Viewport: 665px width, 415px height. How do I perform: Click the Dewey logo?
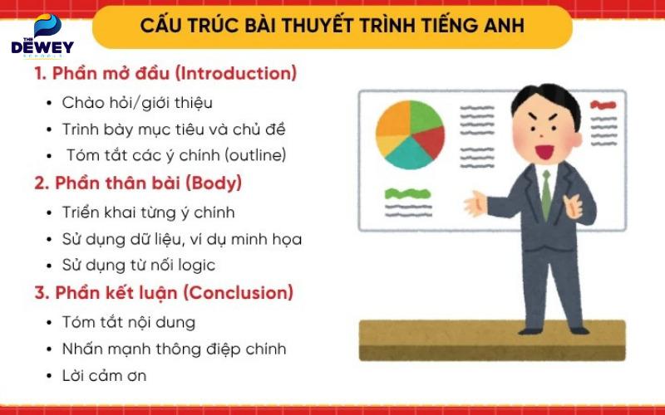(42, 37)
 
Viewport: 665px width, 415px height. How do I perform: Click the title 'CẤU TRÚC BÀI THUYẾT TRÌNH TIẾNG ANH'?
(332, 25)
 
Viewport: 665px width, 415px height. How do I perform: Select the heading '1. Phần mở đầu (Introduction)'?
(165, 73)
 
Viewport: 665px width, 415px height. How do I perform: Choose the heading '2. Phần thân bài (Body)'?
(138, 183)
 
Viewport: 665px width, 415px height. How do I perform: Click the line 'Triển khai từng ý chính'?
(149, 212)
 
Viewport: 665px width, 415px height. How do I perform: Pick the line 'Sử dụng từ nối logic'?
(139, 266)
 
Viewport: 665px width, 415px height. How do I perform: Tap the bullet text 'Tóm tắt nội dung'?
(129, 321)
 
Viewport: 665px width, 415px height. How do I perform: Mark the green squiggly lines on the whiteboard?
(407, 198)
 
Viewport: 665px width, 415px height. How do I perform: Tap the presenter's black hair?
(544, 100)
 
